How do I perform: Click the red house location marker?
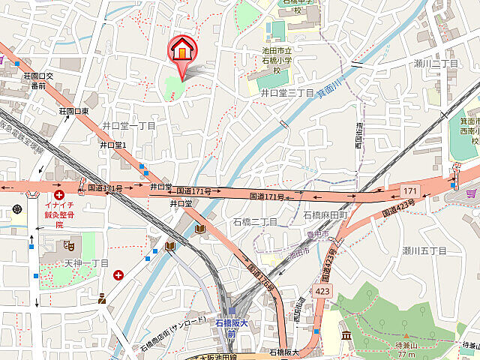point(181,49)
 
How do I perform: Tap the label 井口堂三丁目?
point(286,92)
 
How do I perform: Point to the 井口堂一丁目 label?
point(129,125)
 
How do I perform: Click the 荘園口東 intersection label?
point(74,111)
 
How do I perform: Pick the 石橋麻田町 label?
point(325,215)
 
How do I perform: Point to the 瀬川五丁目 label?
point(424,250)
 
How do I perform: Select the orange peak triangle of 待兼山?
point(406,337)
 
